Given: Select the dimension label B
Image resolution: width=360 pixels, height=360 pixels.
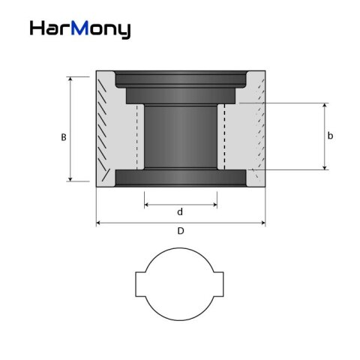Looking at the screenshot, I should (x=64, y=137).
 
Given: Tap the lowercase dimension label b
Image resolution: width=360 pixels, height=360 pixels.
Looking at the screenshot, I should (x=330, y=136).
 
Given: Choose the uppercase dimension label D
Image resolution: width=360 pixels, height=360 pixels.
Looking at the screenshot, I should (x=180, y=231).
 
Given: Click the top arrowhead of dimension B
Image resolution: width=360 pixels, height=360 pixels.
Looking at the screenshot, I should (x=70, y=78).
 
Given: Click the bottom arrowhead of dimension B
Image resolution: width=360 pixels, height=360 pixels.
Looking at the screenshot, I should (x=70, y=178).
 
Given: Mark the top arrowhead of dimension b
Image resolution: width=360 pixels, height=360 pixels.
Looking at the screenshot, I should (x=324, y=106).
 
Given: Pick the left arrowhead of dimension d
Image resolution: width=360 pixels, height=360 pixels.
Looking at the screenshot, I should (x=145, y=204).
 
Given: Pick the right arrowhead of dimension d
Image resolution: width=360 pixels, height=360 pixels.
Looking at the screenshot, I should (x=215, y=204).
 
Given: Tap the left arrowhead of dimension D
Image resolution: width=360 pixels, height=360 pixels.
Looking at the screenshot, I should (x=98, y=223).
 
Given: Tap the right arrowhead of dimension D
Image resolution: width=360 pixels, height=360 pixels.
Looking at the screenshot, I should (x=263, y=223).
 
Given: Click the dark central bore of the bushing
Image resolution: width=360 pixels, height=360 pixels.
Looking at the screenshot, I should (x=180, y=135).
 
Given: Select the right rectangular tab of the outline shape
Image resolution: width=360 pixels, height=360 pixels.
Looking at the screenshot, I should (x=220, y=285).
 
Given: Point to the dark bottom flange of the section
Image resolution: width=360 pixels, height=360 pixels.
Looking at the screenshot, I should (x=180, y=178).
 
